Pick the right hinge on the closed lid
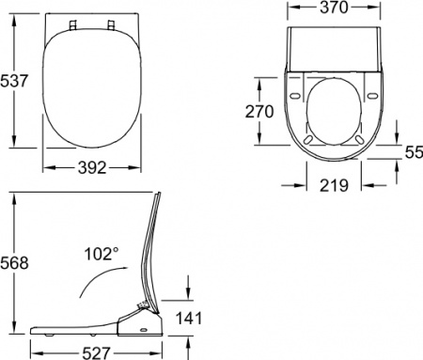coord(110,22)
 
